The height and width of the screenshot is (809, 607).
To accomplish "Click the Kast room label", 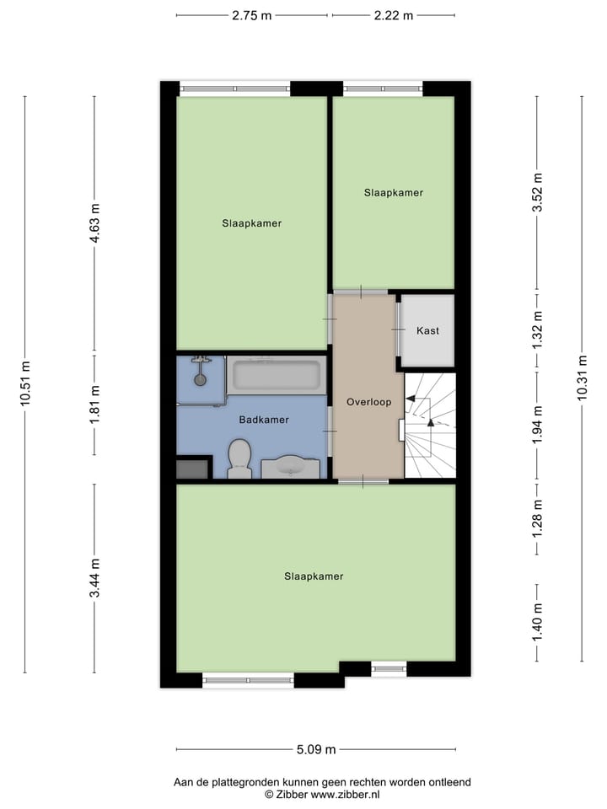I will click(x=427, y=330).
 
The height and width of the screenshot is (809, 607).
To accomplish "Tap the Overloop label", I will click(x=368, y=402).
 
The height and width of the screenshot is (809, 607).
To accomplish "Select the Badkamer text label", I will click(x=264, y=420).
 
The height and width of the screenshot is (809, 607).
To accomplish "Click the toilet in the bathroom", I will click(x=239, y=458).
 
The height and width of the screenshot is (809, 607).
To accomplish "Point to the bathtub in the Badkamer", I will click(x=276, y=375).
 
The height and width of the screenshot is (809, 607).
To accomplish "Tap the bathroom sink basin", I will click(x=290, y=466).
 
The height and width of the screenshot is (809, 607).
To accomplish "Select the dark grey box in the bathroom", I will click(x=193, y=468).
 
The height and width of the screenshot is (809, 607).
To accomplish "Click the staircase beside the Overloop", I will click(x=430, y=426).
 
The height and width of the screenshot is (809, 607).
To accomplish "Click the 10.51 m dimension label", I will click(x=24, y=383).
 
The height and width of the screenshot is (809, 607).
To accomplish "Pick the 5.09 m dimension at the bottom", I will click(x=316, y=749).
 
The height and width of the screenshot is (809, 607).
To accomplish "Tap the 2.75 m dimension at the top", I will click(x=252, y=15).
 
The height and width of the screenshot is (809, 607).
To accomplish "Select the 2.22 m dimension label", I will click(x=394, y=15).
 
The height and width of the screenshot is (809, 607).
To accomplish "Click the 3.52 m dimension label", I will click(x=537, y=194).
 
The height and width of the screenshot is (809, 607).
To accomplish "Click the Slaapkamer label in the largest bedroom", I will click(x=314, y=576).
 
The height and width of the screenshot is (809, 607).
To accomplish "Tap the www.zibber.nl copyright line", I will click(x=322, y=794).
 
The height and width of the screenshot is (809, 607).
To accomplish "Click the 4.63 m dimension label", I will click(x=94, y=223).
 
